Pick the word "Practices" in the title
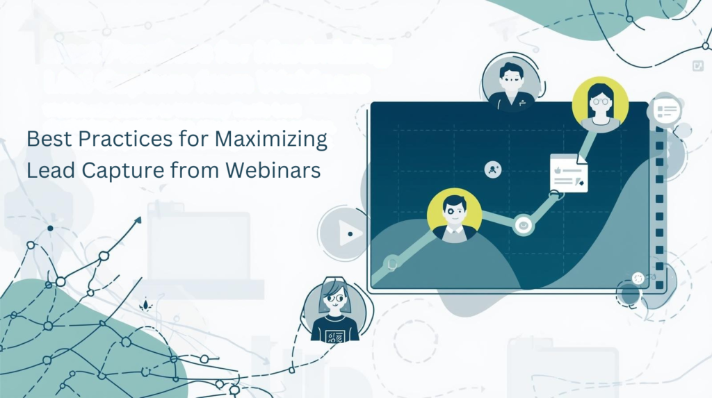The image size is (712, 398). click(x=122, y=139)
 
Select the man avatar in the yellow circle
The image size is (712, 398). click(x=454, y=215)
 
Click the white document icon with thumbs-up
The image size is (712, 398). click(x=568, y=173)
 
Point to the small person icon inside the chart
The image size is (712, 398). click(x=493, y=169)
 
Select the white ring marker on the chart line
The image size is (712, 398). click(x=523, y=224)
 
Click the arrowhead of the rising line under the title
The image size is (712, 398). click(x=137, y=220)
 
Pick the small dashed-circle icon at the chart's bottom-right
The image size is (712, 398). click(x=638, y=278)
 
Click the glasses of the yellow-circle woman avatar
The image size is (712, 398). click(x=600, y=100)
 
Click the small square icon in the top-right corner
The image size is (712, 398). click(x=697, y=65)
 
